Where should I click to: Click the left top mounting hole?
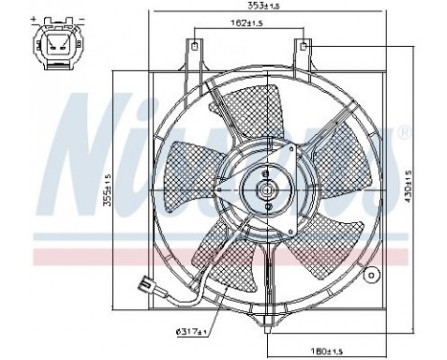point(194,45)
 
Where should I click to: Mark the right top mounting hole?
point(304,45)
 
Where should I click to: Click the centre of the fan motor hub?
point(265,191)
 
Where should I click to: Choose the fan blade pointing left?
point(176,189)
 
